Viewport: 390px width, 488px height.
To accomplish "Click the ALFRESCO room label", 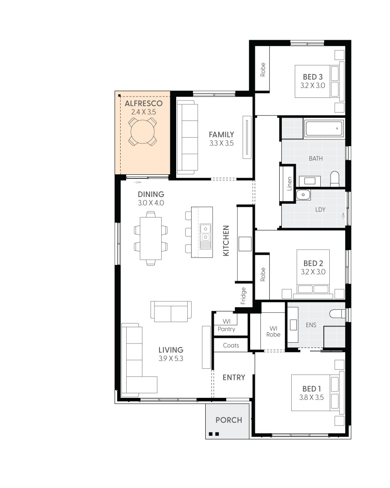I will [x=143, y=103].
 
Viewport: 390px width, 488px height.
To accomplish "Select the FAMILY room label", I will [x=222, y=135].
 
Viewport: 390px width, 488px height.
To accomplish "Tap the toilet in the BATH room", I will [x=334, y=178].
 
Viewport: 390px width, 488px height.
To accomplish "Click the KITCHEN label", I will [x=226, y=241].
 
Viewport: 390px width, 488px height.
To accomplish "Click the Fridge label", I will [x=243, y=294].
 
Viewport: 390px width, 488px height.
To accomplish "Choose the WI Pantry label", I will [x=226, y=325].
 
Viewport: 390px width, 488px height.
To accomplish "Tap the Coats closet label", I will [x=231, y=345].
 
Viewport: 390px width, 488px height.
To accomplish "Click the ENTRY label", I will [x=234, y=377].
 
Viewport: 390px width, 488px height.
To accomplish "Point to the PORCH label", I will [x=228, y=420].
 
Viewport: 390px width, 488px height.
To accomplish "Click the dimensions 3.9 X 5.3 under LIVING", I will [x=171, y=359].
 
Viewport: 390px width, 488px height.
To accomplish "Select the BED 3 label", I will [x=313, y=77].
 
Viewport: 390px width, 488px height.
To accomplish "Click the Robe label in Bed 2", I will [x=263, y=274].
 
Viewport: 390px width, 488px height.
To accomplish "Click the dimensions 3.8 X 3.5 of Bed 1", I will [x=311, y=397].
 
